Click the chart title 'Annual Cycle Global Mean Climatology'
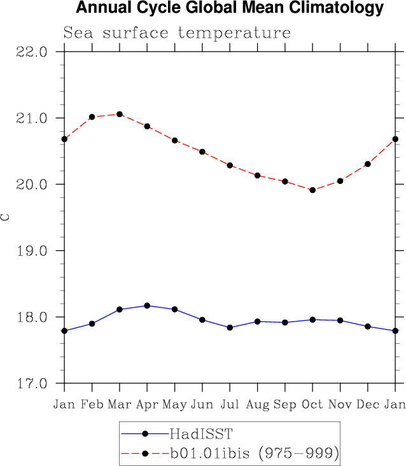230,8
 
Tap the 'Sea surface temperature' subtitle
176,32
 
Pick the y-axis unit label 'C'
6,217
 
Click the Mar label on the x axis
120,405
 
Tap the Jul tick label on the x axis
230,405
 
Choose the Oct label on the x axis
312,405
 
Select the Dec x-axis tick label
368,405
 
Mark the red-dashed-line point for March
120,114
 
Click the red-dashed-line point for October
312,190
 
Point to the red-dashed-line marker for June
202,152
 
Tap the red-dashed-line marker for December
368,164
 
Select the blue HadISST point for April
147,306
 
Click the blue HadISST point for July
230,327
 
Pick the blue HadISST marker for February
92,323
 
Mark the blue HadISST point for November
340,320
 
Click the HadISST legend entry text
201,434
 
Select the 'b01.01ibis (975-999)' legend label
253,453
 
